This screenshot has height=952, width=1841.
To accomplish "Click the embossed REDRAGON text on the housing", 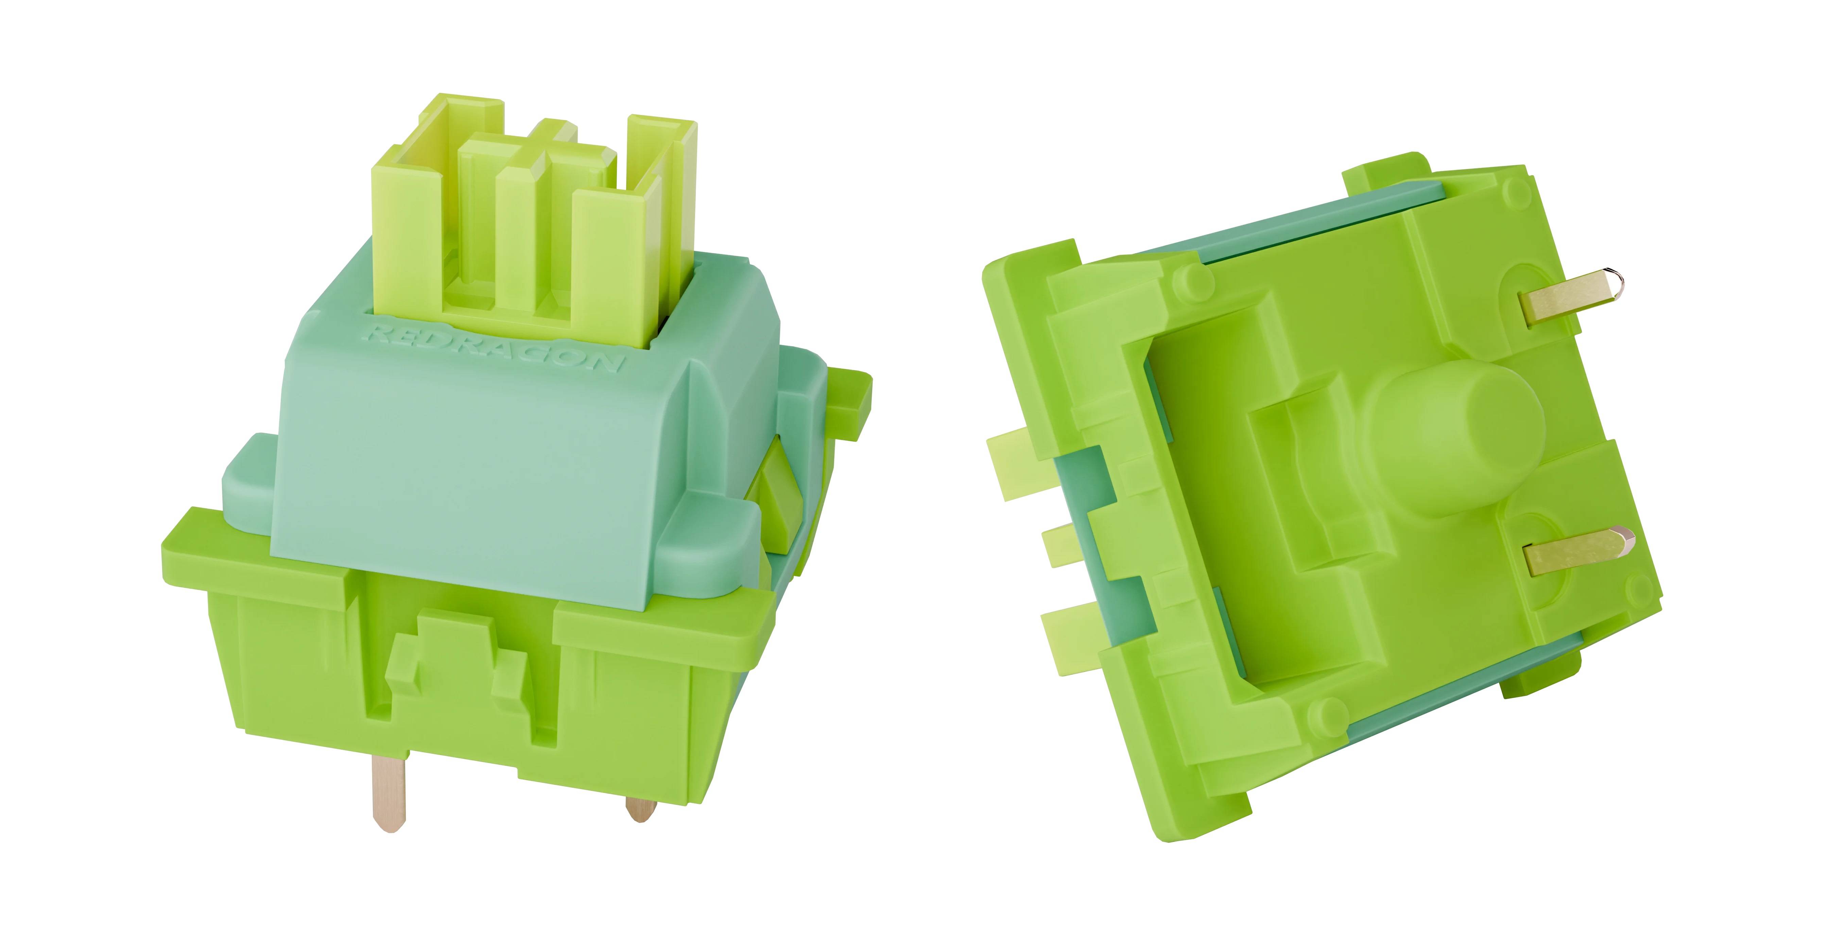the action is [x=495, y=347].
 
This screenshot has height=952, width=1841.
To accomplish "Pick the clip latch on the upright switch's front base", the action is [x=458, y=658].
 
